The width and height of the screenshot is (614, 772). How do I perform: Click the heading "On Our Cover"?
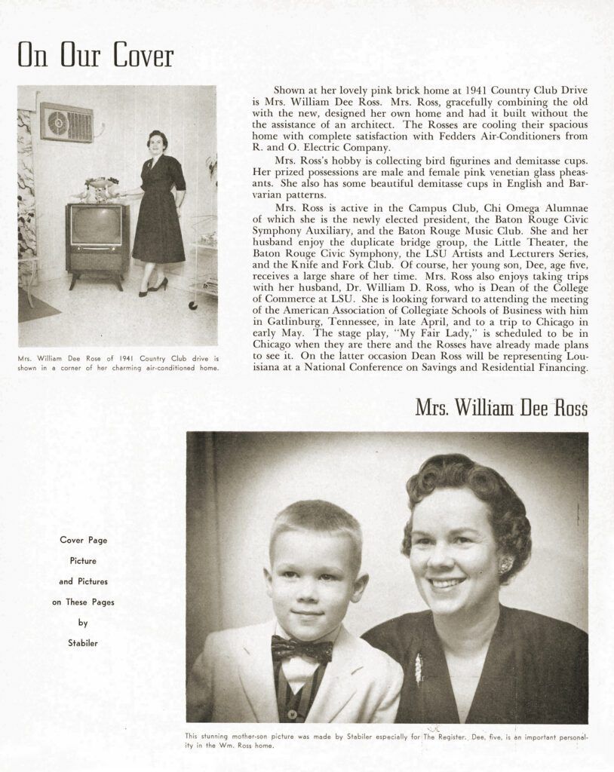[95, 56]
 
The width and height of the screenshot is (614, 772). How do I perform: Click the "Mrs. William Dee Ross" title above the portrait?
[501, 408]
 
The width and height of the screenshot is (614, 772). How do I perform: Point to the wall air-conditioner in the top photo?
[67, 122]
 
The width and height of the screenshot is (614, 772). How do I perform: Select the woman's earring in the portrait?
[505, 564]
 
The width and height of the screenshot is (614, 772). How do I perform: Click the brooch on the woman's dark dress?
[419, 668]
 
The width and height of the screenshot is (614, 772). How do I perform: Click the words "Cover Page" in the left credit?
[83, 540]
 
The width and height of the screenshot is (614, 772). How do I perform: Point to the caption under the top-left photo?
[118, 363]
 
